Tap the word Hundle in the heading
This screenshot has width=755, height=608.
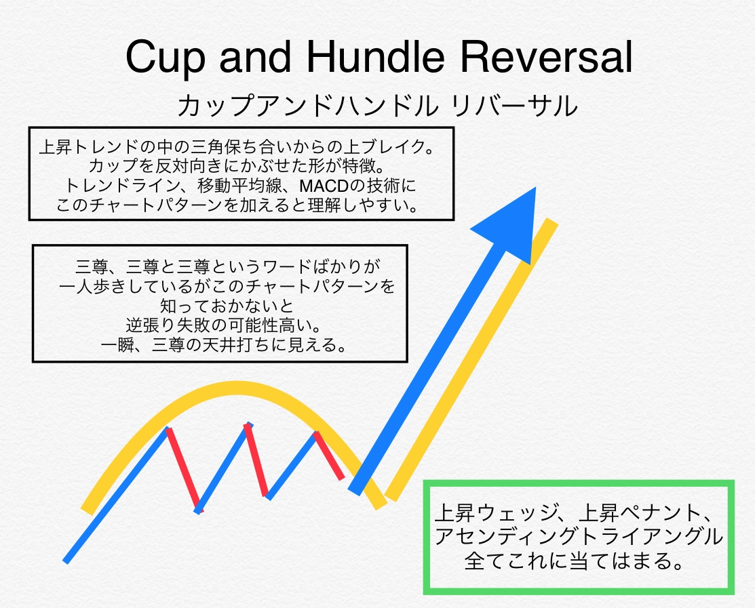click(375, 56)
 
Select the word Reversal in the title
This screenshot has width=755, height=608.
click(546, 56)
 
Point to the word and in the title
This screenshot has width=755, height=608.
click(255, 56)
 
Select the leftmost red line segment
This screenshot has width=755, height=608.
click(185, 470)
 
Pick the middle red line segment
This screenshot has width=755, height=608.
click(256, 460)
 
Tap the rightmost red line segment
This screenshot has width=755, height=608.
click(329, 455)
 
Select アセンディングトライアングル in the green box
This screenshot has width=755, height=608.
click(579, 537)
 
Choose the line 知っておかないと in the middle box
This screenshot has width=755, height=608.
click(227, 306)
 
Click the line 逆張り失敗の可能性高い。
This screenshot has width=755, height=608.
click(224, 325)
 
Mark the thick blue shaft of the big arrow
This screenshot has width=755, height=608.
click(429, 370)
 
